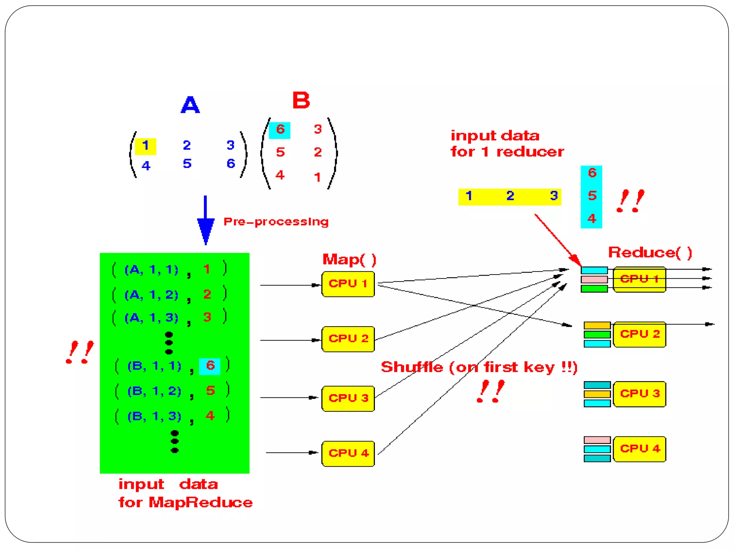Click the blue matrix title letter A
pos(190,105)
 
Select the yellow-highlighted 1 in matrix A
pos(145,146)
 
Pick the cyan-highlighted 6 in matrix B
pos(280,130)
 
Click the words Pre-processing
pos(276,222)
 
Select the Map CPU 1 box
pos(348,284)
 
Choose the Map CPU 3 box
pos(348,398)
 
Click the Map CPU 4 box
pos(348,453)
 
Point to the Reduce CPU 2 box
pos(639,334)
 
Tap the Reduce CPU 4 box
pos(639,449)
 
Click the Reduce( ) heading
pos(650,252)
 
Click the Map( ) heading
pos(349,259)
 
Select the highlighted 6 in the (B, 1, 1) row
pos(210,366)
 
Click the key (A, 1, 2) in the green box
pos(151,295)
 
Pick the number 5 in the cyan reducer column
pos(592,196)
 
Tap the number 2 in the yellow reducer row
pos(510,196)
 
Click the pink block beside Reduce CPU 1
pos(594,279)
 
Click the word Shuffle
pos(412,367)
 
